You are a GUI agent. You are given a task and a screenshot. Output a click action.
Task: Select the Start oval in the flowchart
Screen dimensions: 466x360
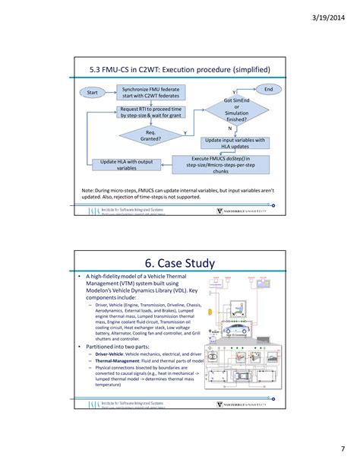[93, 92]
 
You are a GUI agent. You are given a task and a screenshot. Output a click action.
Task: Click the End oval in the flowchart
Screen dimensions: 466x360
[267, 89]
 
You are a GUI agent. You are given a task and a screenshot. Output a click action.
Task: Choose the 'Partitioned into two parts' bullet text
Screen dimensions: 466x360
[122, 346]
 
